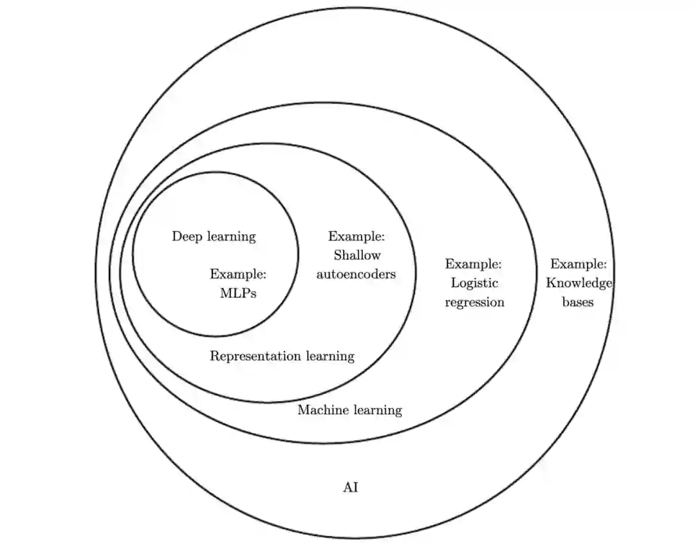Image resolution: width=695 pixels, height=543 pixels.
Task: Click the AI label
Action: pyautogui.click(x=350, y=487)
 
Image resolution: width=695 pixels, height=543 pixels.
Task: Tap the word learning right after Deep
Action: pyautogui.click(x=230, y=237)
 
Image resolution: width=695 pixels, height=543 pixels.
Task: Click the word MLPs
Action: pyautogui.click(x=238, y=293)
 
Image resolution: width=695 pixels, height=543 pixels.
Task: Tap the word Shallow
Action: pyautogui.click(x=357, y=255)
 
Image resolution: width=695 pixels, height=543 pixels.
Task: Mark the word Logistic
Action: pyautogui.click(x=475, y=283)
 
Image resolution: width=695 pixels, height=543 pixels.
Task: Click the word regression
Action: pyautogui.click(x=474, y=302)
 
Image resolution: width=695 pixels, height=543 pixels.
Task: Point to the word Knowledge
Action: pyautogui.click(x=579, y=283)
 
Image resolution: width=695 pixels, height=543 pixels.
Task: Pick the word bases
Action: pyautogui.click(x=578, y=302)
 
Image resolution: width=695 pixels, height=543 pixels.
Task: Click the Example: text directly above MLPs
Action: pyautogui.click(x=238, y=275)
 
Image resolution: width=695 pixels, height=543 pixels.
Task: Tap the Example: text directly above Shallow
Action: pyautogui.click(x=357, y=236)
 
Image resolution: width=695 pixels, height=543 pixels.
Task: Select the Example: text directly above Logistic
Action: pyautogui.click(x=474, y=264)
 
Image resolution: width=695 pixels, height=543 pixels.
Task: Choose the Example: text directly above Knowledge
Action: pyautogui.click(x=579, y=264)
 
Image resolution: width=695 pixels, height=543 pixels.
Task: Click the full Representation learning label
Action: pyautogui.click(x=282, y=356)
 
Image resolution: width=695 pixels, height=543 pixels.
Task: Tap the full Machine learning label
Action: pyautogui.click(x=349, y=410)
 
